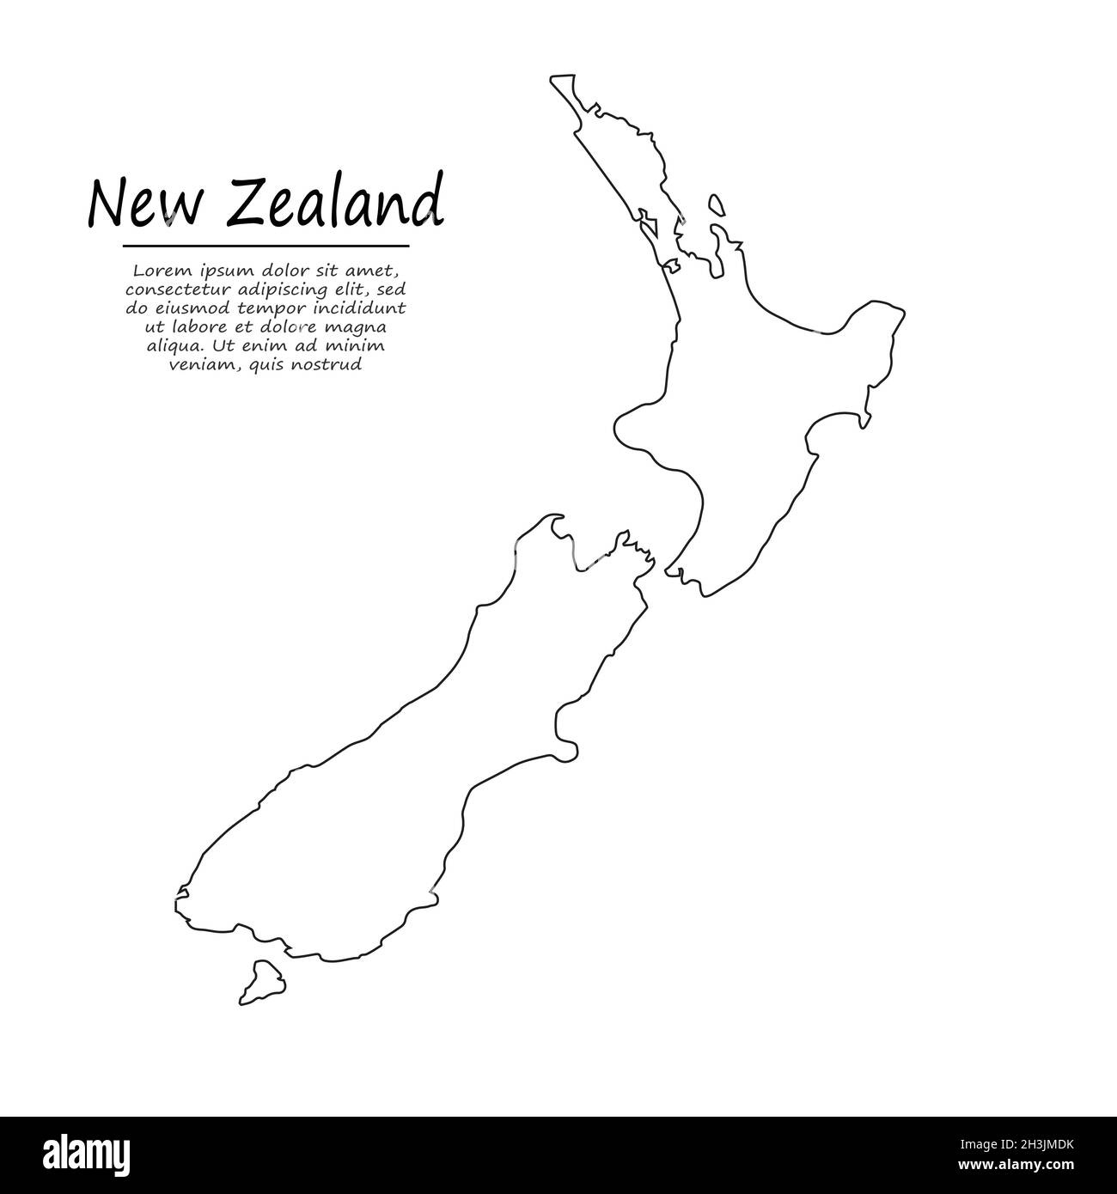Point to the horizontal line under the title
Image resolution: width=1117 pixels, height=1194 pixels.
pyautogui.click(x=266, y=246)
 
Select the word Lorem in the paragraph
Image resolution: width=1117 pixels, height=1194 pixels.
pyautogui.click(x=156, y=270)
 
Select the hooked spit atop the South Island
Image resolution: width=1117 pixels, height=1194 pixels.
pyautogui.click(x=551, y=521)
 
